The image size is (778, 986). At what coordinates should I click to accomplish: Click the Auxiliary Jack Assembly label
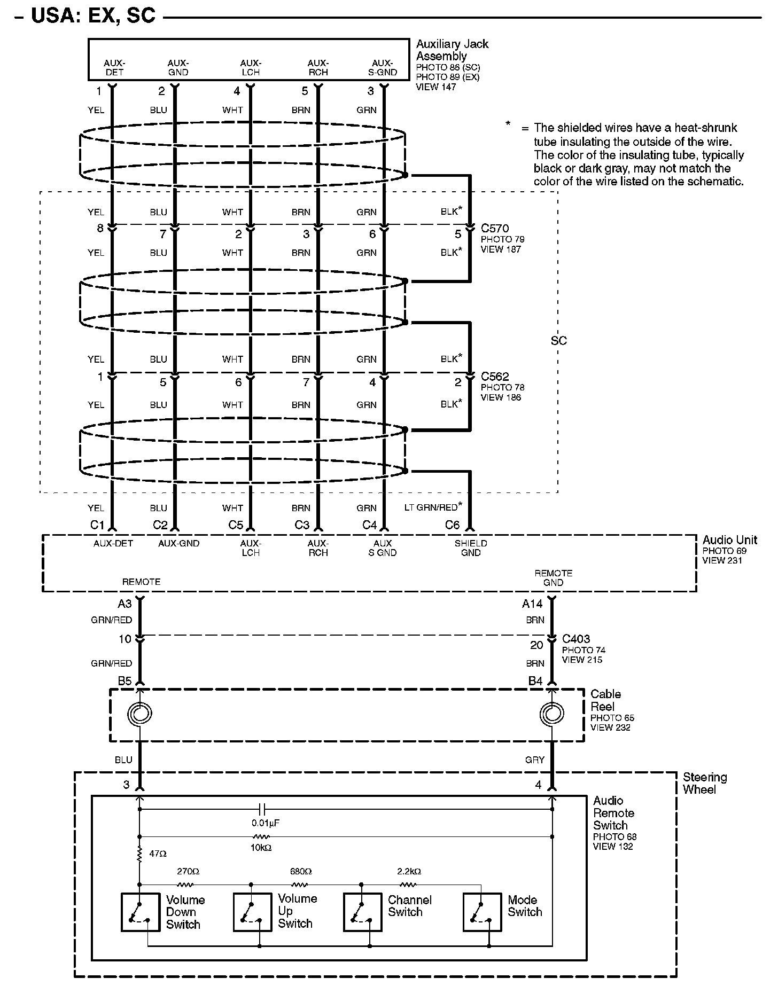tap(452, 50)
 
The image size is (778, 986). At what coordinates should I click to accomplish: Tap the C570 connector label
tap(495, 229)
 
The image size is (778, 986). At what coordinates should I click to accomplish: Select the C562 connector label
tap(495, 377)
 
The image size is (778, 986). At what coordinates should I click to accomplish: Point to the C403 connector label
tap(576, 639)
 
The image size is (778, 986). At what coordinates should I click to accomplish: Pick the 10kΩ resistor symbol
tap(261, 836)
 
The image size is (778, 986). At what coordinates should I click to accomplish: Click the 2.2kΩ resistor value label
tap(409, 871)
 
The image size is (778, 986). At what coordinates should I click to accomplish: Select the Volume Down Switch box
tap(141, 912)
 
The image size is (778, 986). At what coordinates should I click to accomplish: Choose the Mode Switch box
tap(481, 912)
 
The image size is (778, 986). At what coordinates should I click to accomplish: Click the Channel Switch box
tap(362, 912)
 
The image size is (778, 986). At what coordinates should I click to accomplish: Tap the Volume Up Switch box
tap(253, 912)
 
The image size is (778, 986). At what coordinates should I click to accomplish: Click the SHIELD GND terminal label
tap(471, 548)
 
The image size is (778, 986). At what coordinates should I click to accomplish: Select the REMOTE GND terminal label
tap(553, 578)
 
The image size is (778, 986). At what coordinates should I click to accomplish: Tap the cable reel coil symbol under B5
tap(140, 713)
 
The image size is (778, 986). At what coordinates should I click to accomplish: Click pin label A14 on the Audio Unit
tap(532, 604)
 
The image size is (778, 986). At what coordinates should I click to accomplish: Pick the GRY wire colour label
tap(535, 760)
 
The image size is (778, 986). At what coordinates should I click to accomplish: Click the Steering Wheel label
tap(705, 783)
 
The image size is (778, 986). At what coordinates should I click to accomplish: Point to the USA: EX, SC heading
tap(94, 15)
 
